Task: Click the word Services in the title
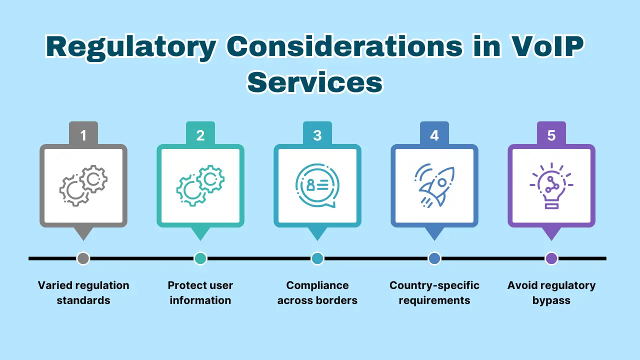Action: (315, 82)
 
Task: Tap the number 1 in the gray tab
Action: (83, 135)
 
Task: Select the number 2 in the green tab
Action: (200, 135)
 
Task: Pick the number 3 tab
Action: (317, 135)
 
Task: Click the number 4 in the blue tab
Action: (434, 135)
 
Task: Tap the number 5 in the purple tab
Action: (551, 135)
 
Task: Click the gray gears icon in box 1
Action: (83, 186)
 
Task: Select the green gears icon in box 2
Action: (200, 186)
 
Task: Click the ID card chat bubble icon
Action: (317, 185)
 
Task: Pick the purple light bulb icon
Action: (551, 185)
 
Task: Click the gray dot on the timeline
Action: (83, 258)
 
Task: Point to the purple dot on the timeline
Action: (551, 258)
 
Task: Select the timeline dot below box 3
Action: (317, 258)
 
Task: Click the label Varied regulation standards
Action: (83, 293)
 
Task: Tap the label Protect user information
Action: (200, 293)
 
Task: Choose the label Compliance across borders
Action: (317, 293)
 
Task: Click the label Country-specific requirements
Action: (434, 293)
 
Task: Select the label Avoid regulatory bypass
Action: (551, 293)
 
